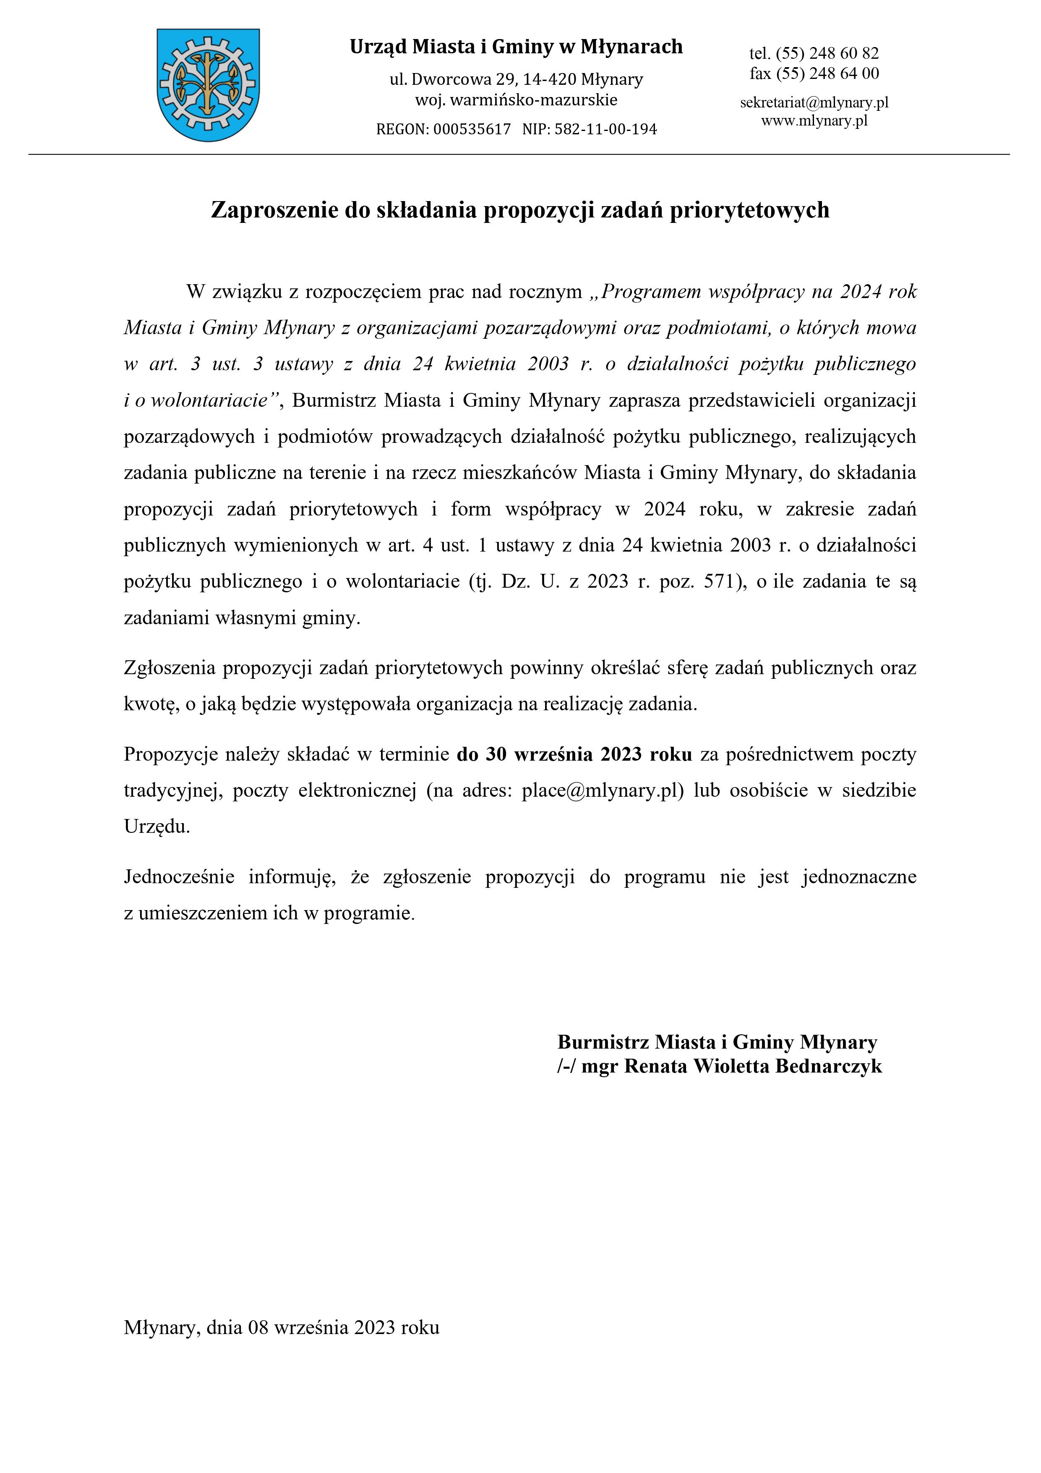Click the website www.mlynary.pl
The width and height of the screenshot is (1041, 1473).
814,120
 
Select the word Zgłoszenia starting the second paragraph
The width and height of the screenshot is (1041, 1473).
170,668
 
